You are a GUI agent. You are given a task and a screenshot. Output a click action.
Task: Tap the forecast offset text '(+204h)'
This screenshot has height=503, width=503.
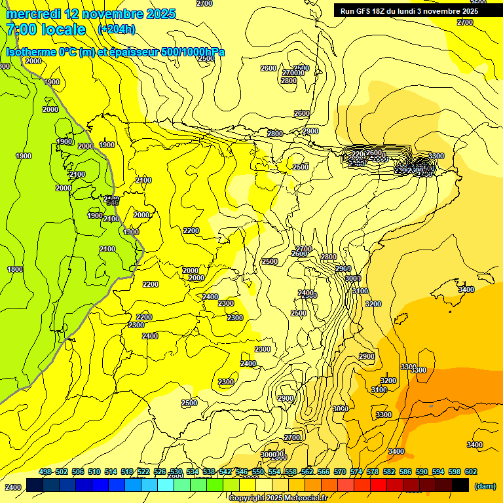[x=117, y=29]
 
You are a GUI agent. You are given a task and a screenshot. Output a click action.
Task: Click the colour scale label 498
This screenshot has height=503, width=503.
[x=45, y=472]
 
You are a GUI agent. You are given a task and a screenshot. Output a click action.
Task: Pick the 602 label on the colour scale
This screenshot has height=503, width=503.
[x=470, y=472]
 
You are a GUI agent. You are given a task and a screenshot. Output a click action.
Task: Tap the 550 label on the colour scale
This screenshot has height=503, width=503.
[x=258, y=472]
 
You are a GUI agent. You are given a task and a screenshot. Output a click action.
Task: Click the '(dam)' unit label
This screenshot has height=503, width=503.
[x=485, y=485]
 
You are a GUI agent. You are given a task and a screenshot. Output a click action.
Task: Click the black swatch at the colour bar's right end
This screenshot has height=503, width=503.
[x=460, y=485]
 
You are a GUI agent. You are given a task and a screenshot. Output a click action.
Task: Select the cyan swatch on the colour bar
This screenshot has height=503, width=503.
[x=166, y=485]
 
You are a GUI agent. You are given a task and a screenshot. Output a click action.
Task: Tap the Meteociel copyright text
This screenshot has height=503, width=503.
[x=278, y=498]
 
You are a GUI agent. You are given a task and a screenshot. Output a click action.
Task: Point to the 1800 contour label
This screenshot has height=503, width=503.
[x=14, y=269]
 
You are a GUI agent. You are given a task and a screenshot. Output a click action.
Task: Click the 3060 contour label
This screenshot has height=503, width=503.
[x=340, y=409]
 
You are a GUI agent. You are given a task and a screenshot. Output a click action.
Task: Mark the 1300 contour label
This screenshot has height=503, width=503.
[x=131, y=232]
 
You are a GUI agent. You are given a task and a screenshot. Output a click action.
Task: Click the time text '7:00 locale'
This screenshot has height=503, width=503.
[x=46, y=29]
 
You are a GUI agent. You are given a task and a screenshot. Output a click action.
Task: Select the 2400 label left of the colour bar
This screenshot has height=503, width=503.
[x=12, y=487]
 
